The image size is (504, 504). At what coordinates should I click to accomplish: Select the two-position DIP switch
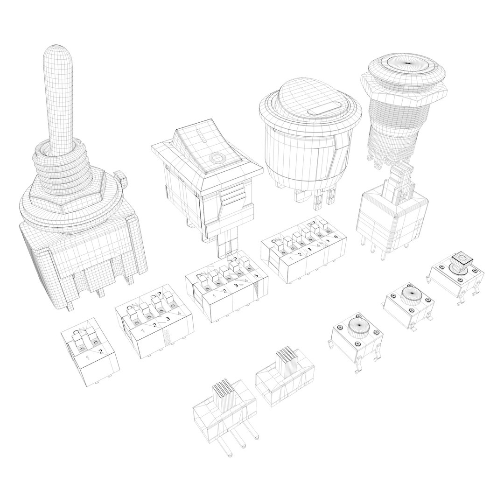point(90,351)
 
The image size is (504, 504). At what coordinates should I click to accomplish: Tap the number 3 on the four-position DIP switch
point(168,320)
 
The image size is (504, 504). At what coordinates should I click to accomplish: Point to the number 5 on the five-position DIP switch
point(255,275)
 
